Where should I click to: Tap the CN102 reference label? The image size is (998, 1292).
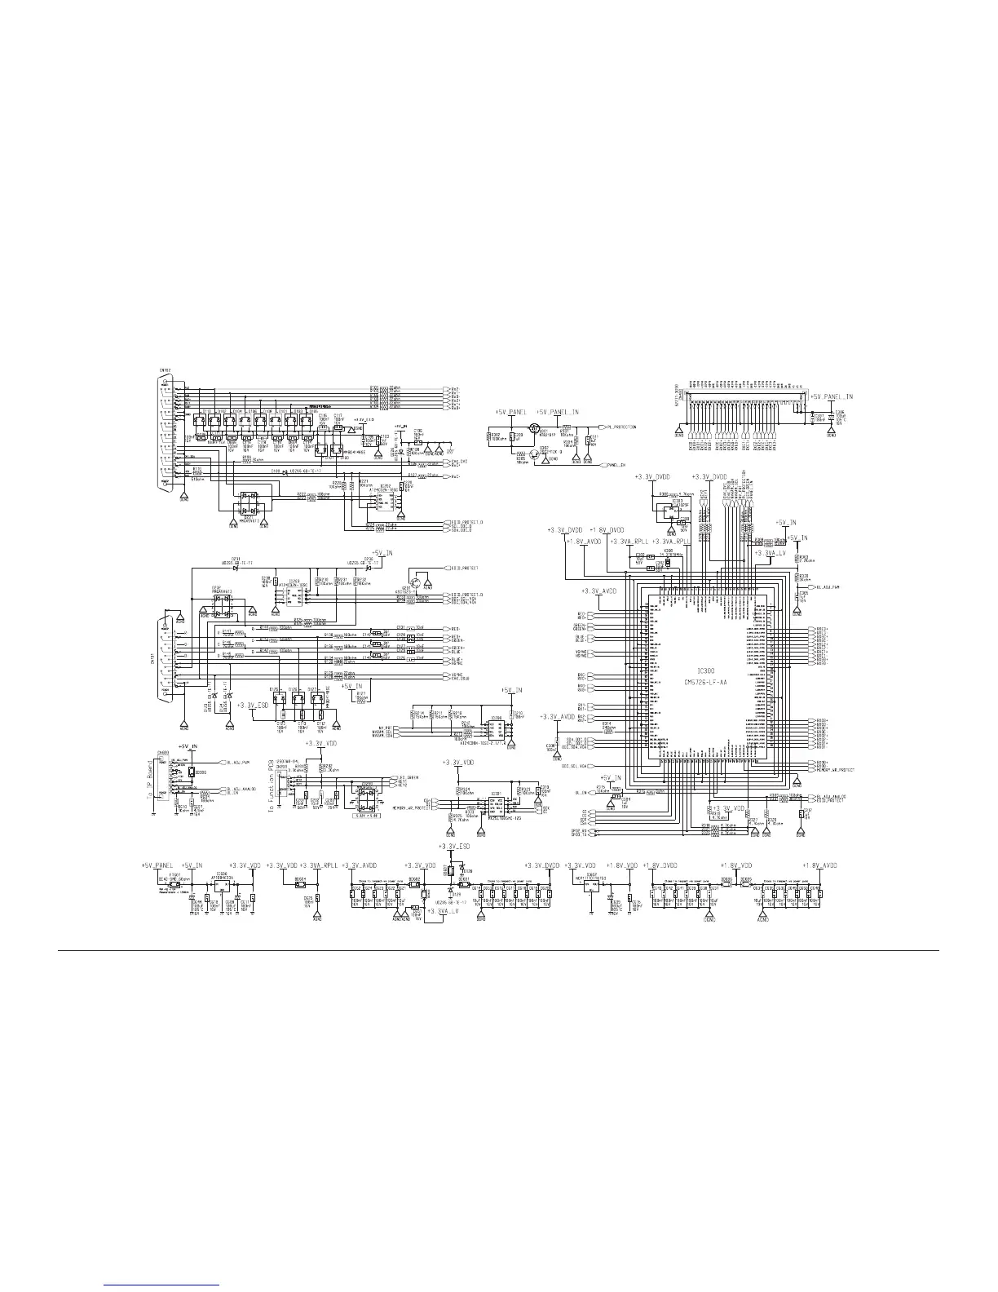pyautogui.click(x=166, y=369)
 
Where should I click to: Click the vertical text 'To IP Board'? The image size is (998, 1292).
pyautogui.click(x=151, y=778)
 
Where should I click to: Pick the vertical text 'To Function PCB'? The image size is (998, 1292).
pyautogui.click(x=272, y=781)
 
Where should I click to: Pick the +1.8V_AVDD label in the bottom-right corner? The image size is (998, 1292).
pyautogui.click(x=819, y=865)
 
